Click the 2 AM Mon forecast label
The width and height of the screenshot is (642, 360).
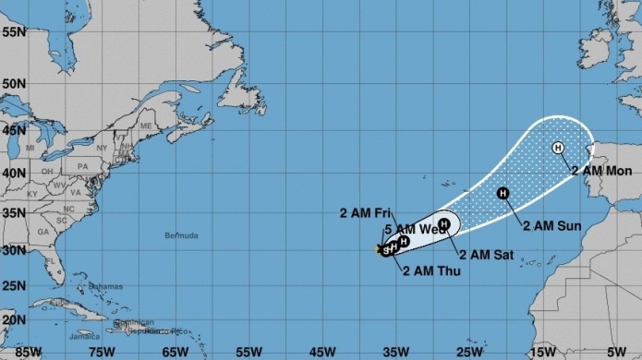tap(601, 171)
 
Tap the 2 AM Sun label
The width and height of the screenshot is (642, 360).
tap(552, 225)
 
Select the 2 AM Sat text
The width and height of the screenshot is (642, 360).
tap(486, 255)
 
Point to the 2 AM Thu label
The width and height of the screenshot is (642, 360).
tap(430, 270)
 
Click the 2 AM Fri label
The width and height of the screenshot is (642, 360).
tap(368, 213)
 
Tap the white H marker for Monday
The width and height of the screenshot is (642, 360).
tap(558, 148)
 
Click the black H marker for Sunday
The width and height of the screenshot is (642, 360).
tap(503, 193)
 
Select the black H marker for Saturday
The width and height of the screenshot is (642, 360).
tap(443, 223)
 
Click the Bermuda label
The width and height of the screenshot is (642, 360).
tap(181, 236)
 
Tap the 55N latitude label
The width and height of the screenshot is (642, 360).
tap(13, 31)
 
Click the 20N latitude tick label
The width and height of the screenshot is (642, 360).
tap(13, 318)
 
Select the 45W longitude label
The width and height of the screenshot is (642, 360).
tap(321, 352)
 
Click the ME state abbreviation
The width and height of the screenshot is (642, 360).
tap(145, 126)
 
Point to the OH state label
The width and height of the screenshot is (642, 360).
tap(46, 171)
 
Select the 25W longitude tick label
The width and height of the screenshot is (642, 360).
tap(470, 352)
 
